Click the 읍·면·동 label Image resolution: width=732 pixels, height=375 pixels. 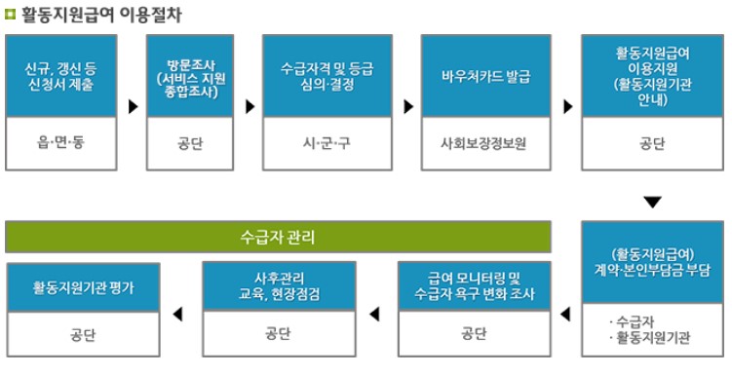click(x=61, y=143)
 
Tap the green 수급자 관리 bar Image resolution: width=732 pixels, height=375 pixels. click(x=278, y=237)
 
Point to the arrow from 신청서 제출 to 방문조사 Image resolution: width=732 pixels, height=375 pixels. click(x=133, y=102)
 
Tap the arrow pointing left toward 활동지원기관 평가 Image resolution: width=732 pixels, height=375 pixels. click(x=176, y=313)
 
